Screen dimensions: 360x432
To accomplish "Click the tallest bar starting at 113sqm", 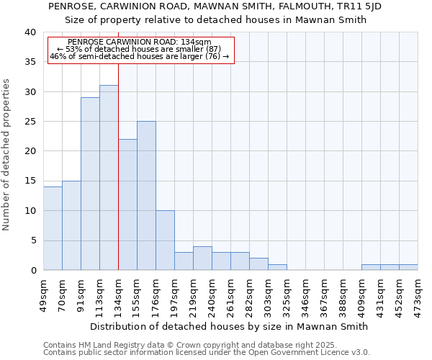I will [109, 178].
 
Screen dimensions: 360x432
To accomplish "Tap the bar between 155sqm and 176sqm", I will [146, 196].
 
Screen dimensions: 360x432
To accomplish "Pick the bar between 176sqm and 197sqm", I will [165, 240].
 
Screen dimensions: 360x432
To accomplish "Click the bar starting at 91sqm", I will [90, 184].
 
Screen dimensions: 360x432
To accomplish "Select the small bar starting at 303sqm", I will [277, 267].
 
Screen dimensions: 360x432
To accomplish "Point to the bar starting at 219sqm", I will [202, 258].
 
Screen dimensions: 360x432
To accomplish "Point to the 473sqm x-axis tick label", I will [418, 294].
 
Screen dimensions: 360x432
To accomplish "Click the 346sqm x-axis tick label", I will [306, 294].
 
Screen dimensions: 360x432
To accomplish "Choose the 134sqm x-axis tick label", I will [118, 294].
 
